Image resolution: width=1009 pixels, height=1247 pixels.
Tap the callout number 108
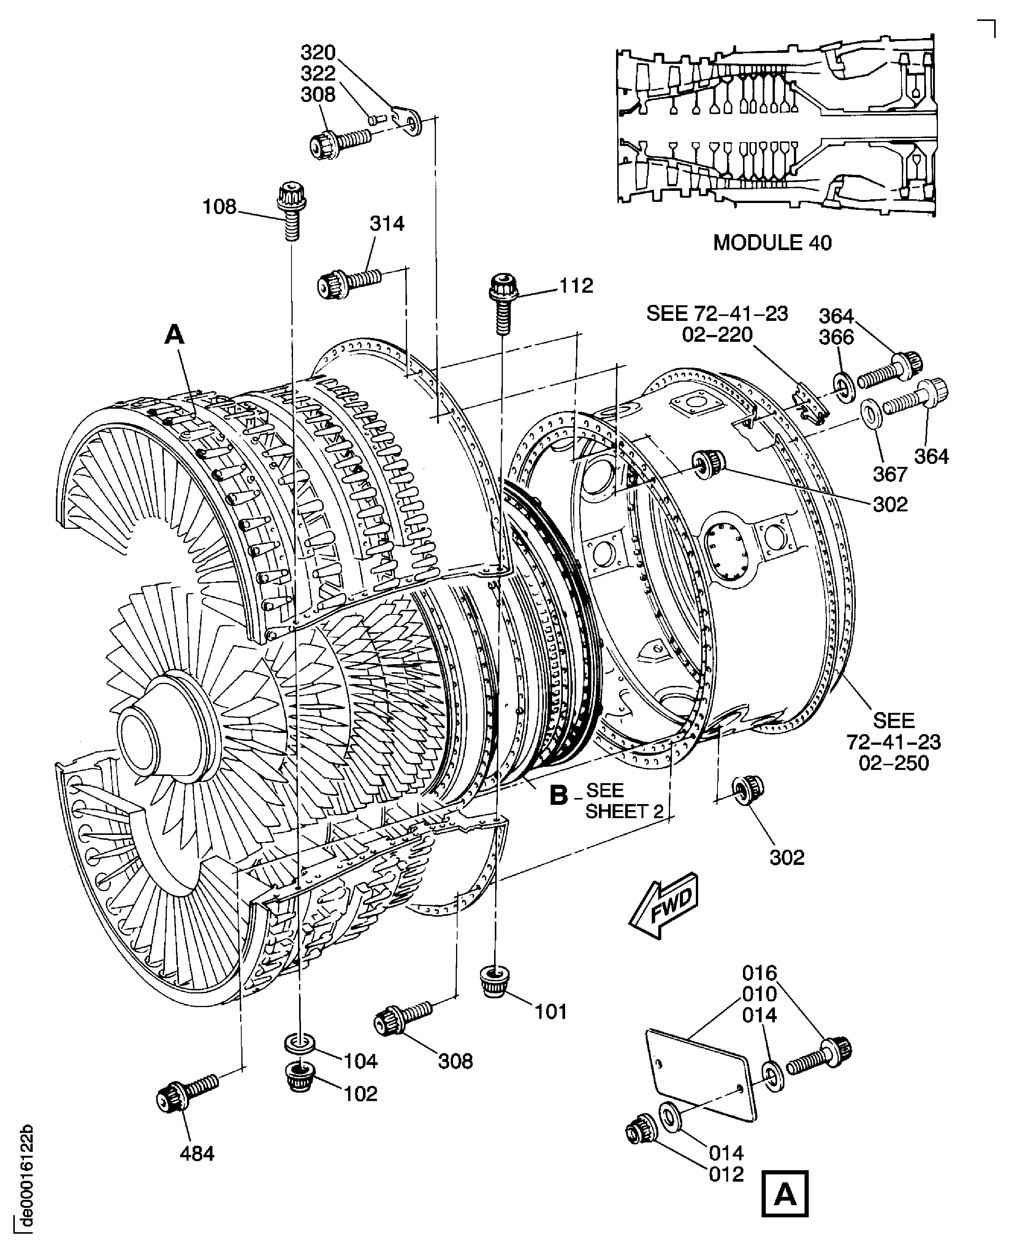tap(219, 207)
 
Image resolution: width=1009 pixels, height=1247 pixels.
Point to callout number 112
tap(576, 286)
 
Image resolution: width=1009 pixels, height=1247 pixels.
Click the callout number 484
tap(197, 1170)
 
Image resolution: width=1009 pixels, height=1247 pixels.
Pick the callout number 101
tap(550, 1012)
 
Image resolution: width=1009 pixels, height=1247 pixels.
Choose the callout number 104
tap(360, 1061)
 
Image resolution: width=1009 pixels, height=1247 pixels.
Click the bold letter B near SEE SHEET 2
tap(558, 795)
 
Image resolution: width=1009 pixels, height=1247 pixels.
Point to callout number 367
tap(890, 474)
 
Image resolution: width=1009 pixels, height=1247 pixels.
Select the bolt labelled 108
tap(292, 211)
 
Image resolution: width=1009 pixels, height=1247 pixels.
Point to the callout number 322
tap(318, 73)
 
